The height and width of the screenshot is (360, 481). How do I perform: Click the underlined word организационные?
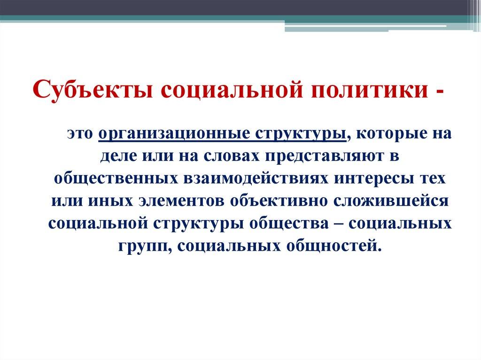[x=174, y=134]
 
